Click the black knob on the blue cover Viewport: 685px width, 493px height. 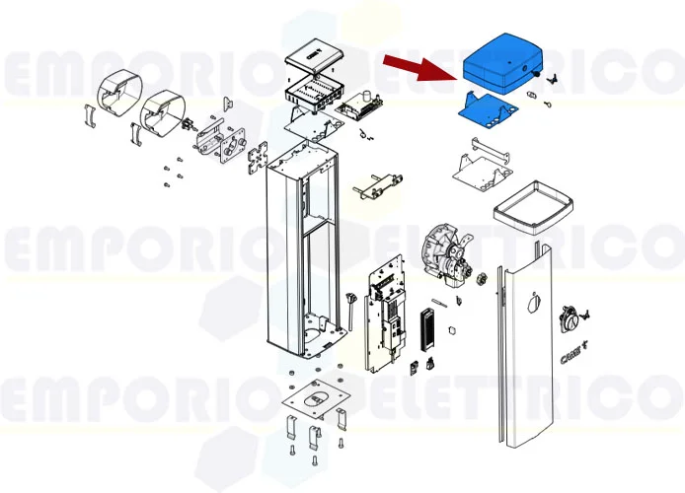[534, 72]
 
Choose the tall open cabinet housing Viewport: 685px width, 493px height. [296, 251]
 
